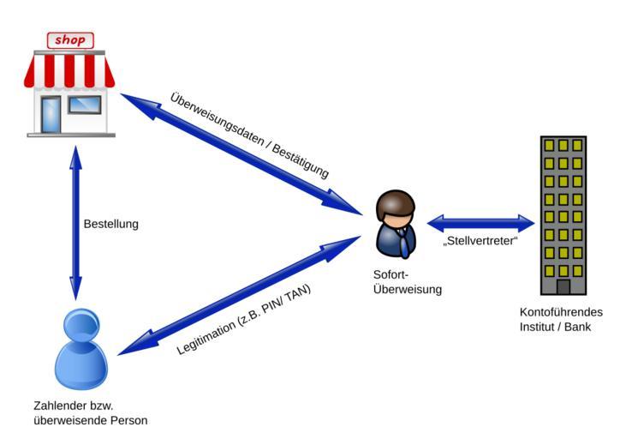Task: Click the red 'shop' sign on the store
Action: (x=70, y=39)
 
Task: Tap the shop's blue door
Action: (x=51, y=113)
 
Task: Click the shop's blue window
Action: (x=85, y=105)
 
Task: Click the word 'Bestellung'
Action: (x=110, y=225)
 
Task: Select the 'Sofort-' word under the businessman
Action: (x=390, y=275)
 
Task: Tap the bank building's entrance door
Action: (x=563, y=286)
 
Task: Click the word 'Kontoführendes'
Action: (x=556, y=313)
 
